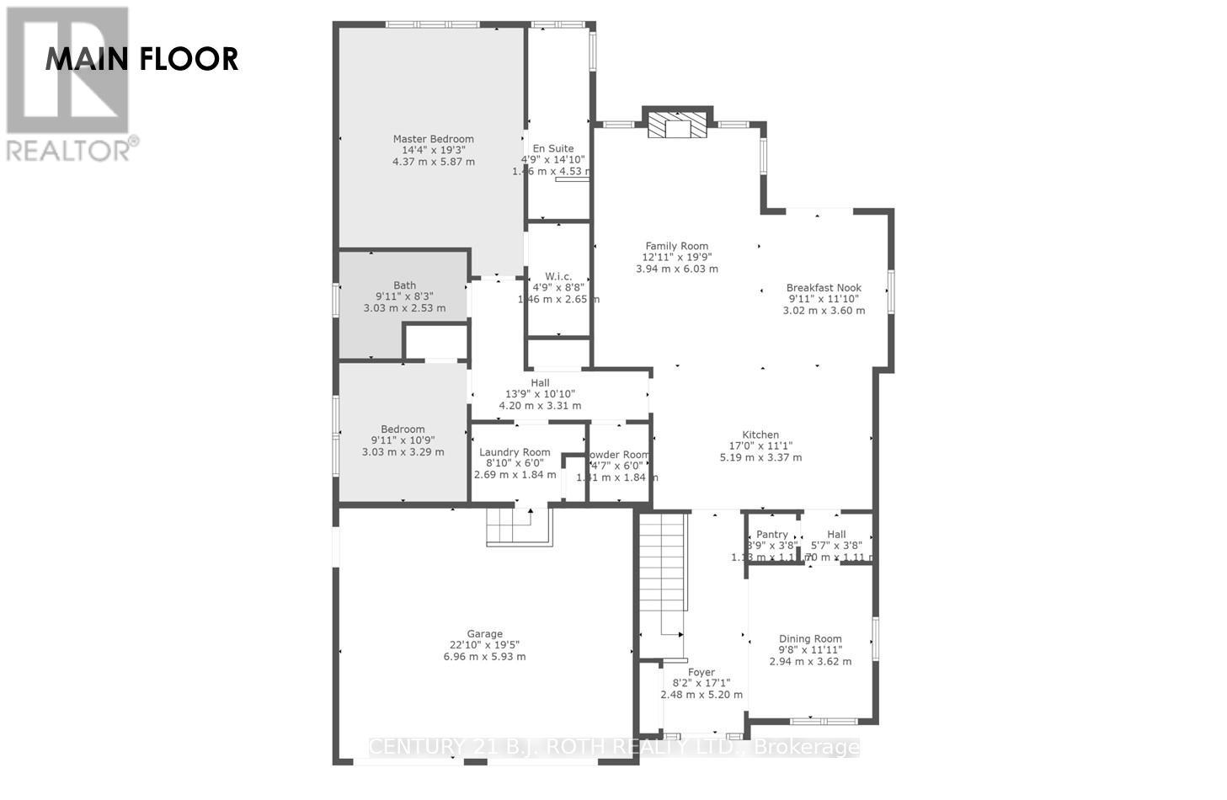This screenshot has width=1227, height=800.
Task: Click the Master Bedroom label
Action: [433, 139]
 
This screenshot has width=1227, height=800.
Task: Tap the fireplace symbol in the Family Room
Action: [677, 125]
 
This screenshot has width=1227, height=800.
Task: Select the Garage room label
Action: [484, 634]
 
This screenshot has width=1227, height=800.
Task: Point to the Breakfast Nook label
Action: [824, 287]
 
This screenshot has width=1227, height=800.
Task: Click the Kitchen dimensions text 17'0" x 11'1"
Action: [760, 446]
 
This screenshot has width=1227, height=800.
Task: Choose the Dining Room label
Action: [810, 639]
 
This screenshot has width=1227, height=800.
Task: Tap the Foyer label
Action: [701, 672]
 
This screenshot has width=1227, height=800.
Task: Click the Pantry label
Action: [772, 535]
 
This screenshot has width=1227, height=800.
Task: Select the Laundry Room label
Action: [515, 452]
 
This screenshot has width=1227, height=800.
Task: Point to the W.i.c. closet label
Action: [558, 276]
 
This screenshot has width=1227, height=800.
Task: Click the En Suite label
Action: [553, 149]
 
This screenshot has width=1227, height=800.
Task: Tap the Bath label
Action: [404, 285]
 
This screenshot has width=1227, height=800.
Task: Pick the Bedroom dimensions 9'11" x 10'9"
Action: [403, 440]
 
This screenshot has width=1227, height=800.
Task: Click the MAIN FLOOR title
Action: [141, 59]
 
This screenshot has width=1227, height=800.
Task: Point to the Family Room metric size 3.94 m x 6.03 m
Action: [676, 269]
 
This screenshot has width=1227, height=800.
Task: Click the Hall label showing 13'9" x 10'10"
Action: [540, 383]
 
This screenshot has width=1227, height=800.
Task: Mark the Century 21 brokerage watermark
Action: [615, 747]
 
